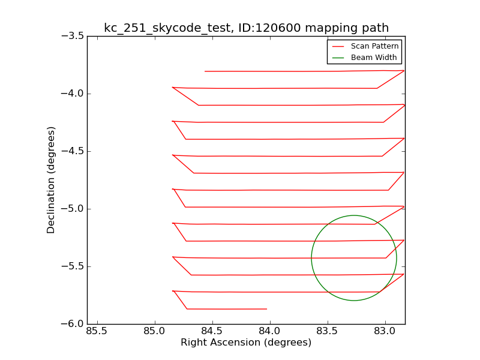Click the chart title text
coord(246,28)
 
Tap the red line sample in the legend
coord(338,46)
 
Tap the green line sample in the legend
coord(338,58)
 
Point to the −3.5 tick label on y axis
coord(71,36)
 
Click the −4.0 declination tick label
coord(71,94)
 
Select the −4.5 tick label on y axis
coord(71,151)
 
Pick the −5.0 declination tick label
coord(71,209)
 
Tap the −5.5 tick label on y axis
coord(71,266)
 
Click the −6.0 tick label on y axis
coord(71,324)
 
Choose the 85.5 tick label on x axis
coord(97,332)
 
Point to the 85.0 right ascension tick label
coord(154,332)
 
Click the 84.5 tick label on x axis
coord(212,332)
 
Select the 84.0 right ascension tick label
coord(269,332)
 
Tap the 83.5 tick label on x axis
coord(327,332)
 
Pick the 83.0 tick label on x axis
coord(385,332)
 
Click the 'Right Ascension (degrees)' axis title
coord(246,343)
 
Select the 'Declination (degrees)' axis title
coord(52,180)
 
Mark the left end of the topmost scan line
coord(205,71)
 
